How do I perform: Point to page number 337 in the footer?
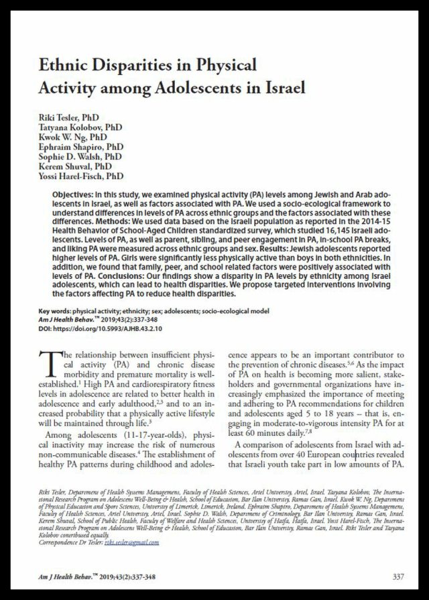[x=398, y=577]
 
